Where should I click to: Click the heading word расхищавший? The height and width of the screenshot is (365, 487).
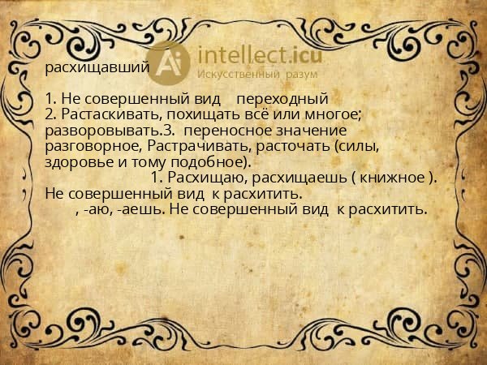[x=97, y=69]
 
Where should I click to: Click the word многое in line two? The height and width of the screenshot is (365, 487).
[x=342, y=115]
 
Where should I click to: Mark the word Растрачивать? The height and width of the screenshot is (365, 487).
[x=198, y=146]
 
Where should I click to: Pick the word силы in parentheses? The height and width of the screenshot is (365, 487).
[x=360, y=146]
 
